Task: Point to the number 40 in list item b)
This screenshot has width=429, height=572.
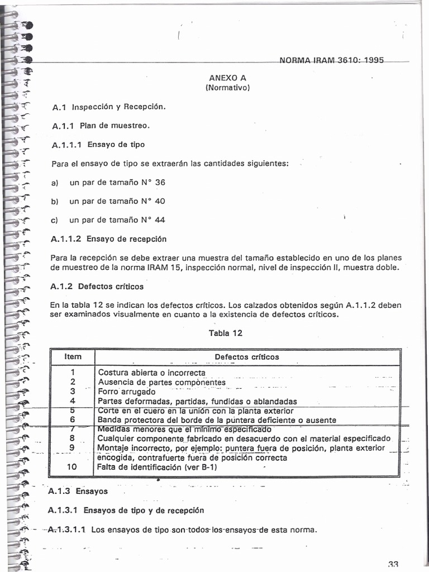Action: pos(160,201)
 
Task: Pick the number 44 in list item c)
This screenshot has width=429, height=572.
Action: pos(160,220)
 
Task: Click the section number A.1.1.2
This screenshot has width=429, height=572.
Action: pos(66,239)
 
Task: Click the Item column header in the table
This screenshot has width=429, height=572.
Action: pos(73,356)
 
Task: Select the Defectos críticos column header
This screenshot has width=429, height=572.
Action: pos(247,356)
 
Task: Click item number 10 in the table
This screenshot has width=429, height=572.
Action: pos(73,467)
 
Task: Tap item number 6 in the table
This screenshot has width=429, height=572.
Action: pos(73,420)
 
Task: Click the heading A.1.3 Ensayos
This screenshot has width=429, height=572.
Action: pos(78,492)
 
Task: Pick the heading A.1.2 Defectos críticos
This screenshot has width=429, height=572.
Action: pos(97,287)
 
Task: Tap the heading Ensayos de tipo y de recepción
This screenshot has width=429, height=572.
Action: pos(144,510)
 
